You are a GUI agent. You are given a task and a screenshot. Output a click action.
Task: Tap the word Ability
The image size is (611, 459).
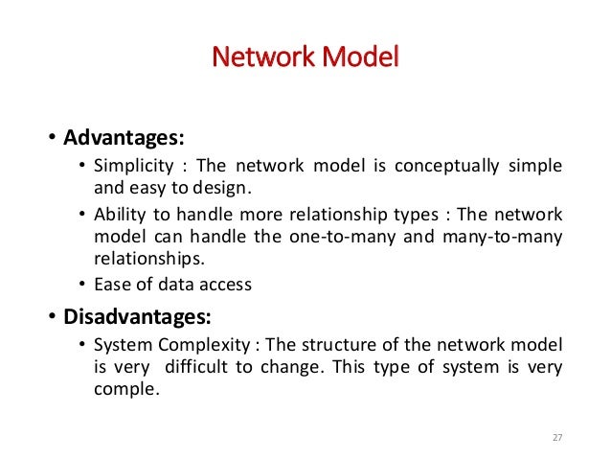(x=117, y=215)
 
